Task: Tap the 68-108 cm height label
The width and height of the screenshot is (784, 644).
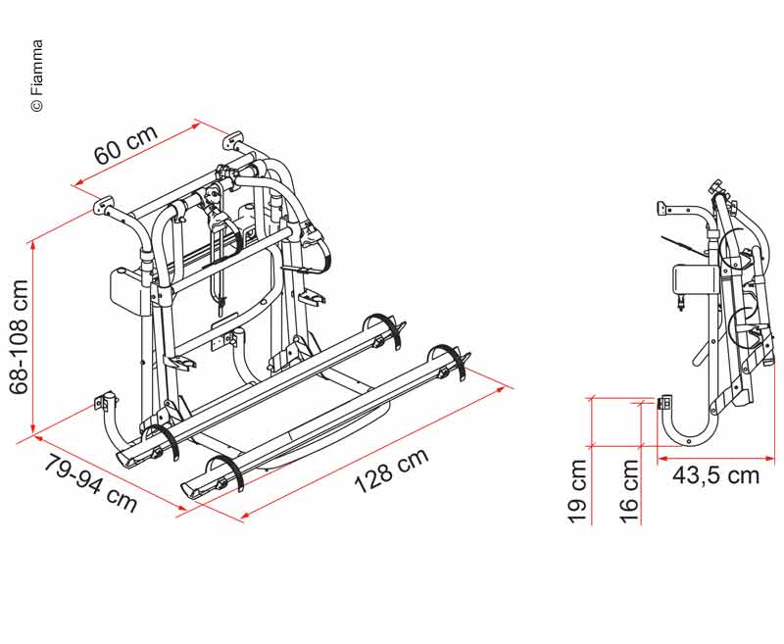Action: click(x=20, y=337)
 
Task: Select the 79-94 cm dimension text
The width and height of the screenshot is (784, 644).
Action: click(x=90, y=483)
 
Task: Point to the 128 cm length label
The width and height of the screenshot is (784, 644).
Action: click(x=391, y=470)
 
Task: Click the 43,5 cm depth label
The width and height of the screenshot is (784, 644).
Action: click(x=715, y=475)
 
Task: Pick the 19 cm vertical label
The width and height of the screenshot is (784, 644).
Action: click(x=576, y=491)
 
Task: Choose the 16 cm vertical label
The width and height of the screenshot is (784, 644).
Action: click(x=629, y=491)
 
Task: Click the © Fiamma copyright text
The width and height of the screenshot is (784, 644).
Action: click(x=37, y=75)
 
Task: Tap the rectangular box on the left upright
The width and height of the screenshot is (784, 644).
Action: click(x=129, y=291)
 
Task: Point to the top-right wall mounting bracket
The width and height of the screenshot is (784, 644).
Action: click(x=233, y=140)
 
